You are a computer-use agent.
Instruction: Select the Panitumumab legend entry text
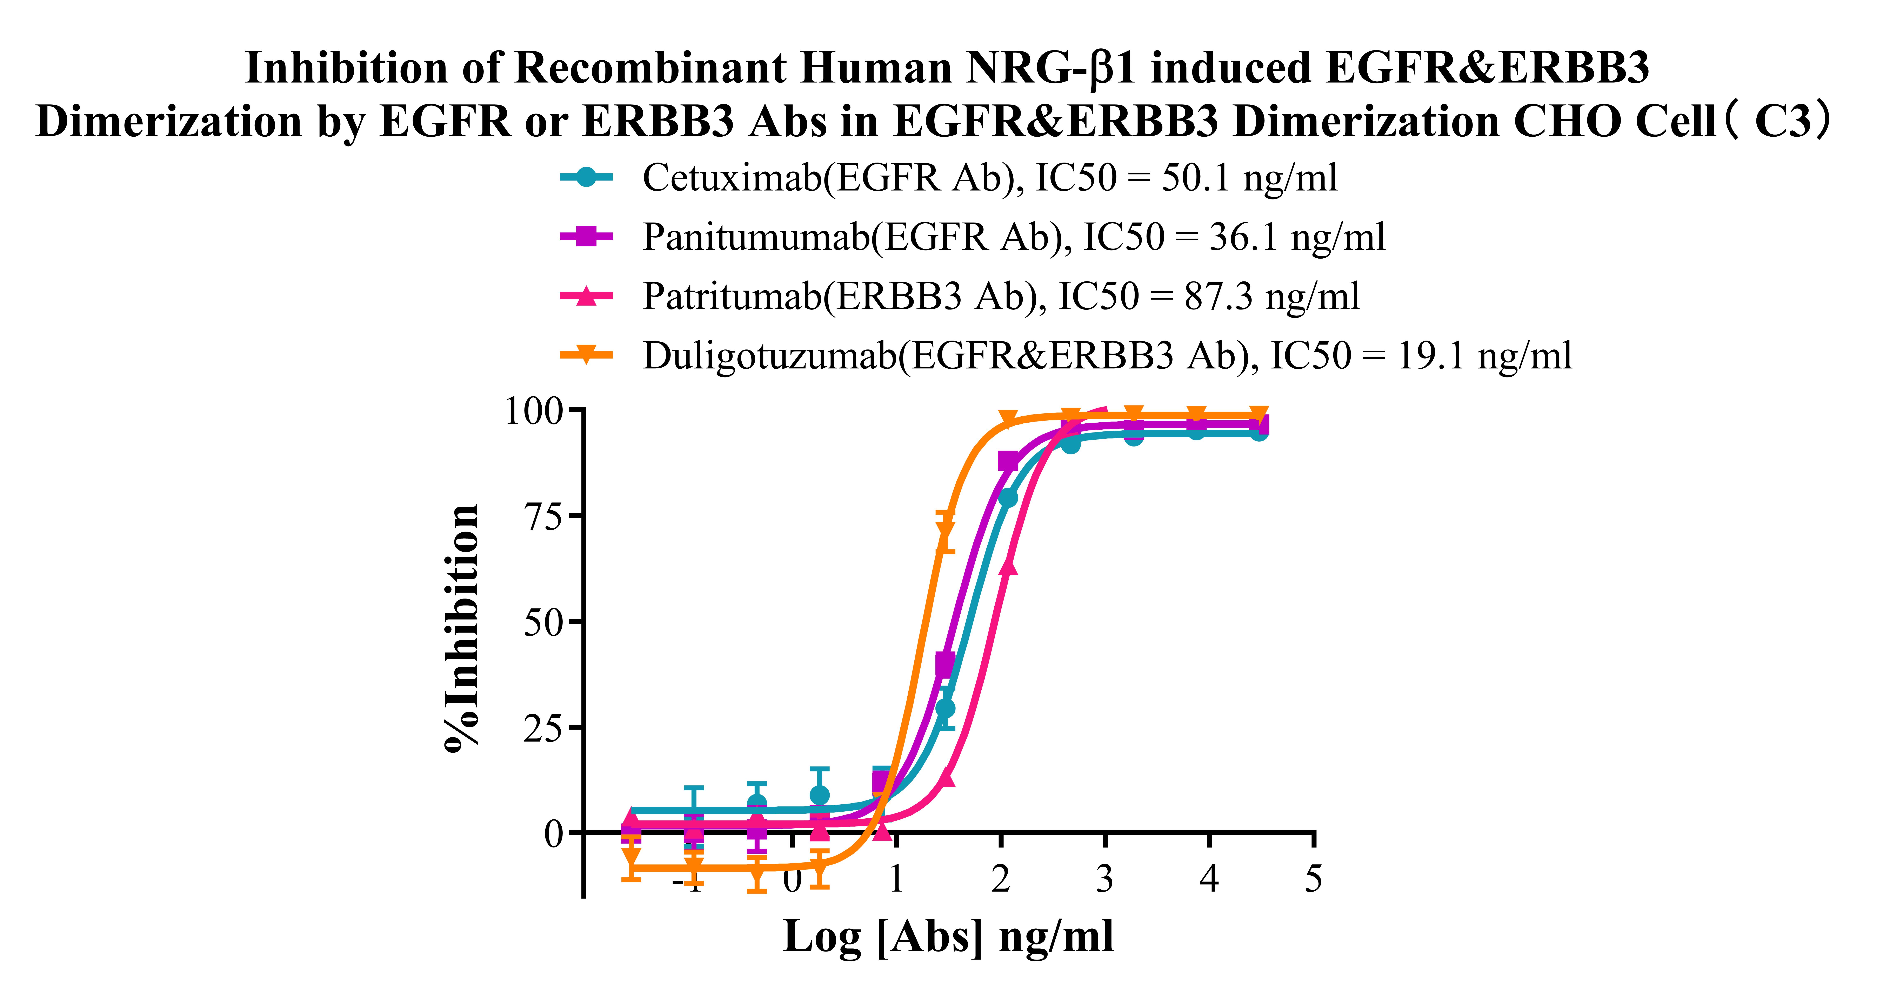point(1014,238)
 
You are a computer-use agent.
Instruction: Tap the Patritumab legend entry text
point(1001,296)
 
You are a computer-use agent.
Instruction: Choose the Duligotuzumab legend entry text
point(1107,356)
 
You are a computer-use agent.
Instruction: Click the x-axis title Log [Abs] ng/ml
point(948,937)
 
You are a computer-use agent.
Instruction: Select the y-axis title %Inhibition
point(462,627)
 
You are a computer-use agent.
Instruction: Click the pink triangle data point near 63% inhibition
point(1008,566)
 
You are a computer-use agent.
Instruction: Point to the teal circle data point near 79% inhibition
point(1008,498)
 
